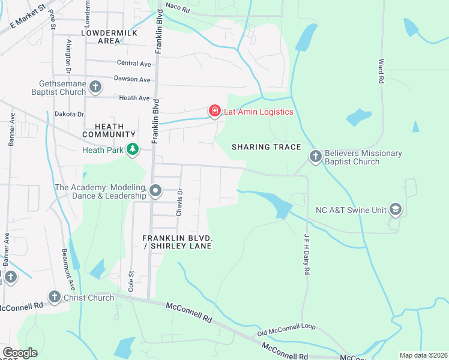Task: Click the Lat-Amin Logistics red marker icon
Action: [214, 111]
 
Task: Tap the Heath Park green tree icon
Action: [132, 149]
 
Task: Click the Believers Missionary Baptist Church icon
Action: [316, 157]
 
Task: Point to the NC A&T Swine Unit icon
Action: [395, 209]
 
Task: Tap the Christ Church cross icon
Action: [55, 297]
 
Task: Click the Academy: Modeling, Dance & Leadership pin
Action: [155, 191]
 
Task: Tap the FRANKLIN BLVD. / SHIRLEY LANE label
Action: [178, 242]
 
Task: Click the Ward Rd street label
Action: [381, 71]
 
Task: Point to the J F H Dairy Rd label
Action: [306, 254]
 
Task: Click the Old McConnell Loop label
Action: [286, 329]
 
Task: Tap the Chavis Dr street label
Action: [179, 201]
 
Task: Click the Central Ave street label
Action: [134, 63]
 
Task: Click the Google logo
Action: [20, 353]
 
